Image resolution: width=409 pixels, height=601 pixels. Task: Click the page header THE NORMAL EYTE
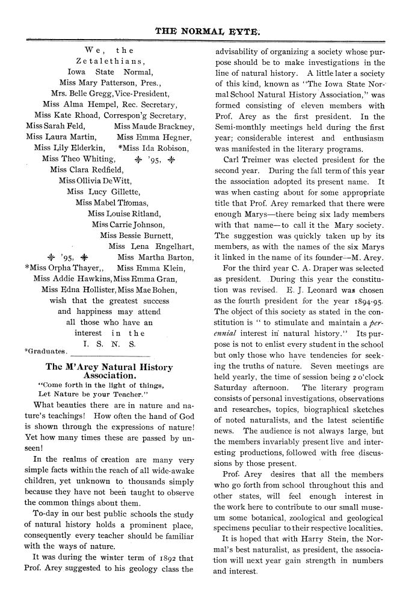click(204, 29)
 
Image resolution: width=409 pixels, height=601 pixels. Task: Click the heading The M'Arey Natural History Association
click(109, 371)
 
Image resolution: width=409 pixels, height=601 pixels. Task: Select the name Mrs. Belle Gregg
click(79, 93)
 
